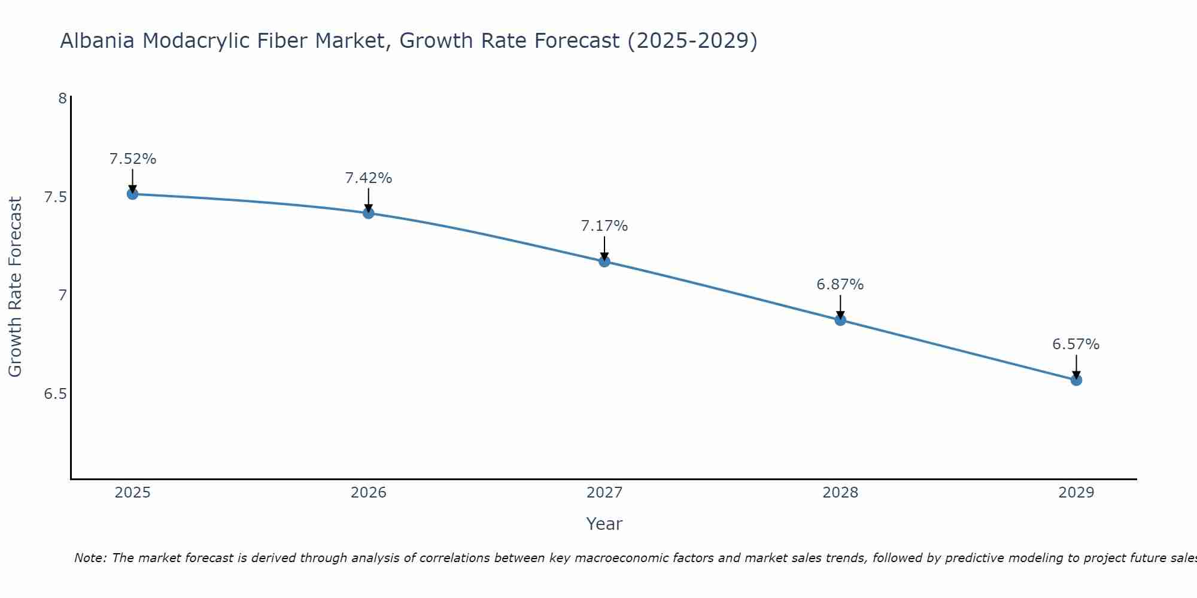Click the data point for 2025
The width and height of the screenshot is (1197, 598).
click(x=132, y=194)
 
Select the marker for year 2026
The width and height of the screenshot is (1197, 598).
click(x=368, y=213)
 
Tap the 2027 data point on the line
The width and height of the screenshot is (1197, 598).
click(x=604, y=261)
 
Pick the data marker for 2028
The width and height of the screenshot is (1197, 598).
click(x=840, y=320)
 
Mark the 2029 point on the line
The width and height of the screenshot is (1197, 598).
click(x=1076, y=380)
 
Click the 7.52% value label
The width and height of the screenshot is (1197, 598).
click(x=132, y=159)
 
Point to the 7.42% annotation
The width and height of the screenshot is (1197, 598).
click(x=368, y=178)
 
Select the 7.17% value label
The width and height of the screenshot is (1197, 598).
click(x=604, y=226)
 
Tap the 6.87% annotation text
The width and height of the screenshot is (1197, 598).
click(x=840, y=285)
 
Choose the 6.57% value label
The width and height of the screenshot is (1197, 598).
click(x=1076, y=344)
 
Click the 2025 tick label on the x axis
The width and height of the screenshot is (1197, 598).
click(x=132, y=493)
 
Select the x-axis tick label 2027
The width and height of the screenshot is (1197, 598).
click(x=604, y=493)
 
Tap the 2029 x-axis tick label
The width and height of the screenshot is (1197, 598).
click(x=1076, y=493)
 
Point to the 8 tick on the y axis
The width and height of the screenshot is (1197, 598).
click(x=62, y=98)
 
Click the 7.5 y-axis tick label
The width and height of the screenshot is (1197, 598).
click(x=56, y=197)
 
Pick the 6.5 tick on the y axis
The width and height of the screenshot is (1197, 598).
click(x=56, y=394)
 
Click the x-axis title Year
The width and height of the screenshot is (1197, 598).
click(x=604, y=524)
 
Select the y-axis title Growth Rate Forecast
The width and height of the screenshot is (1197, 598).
click(x=15, y=287)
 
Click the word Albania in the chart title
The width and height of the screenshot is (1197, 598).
click(x=98, y=41)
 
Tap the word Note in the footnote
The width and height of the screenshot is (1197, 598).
click(x=90, y=558)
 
